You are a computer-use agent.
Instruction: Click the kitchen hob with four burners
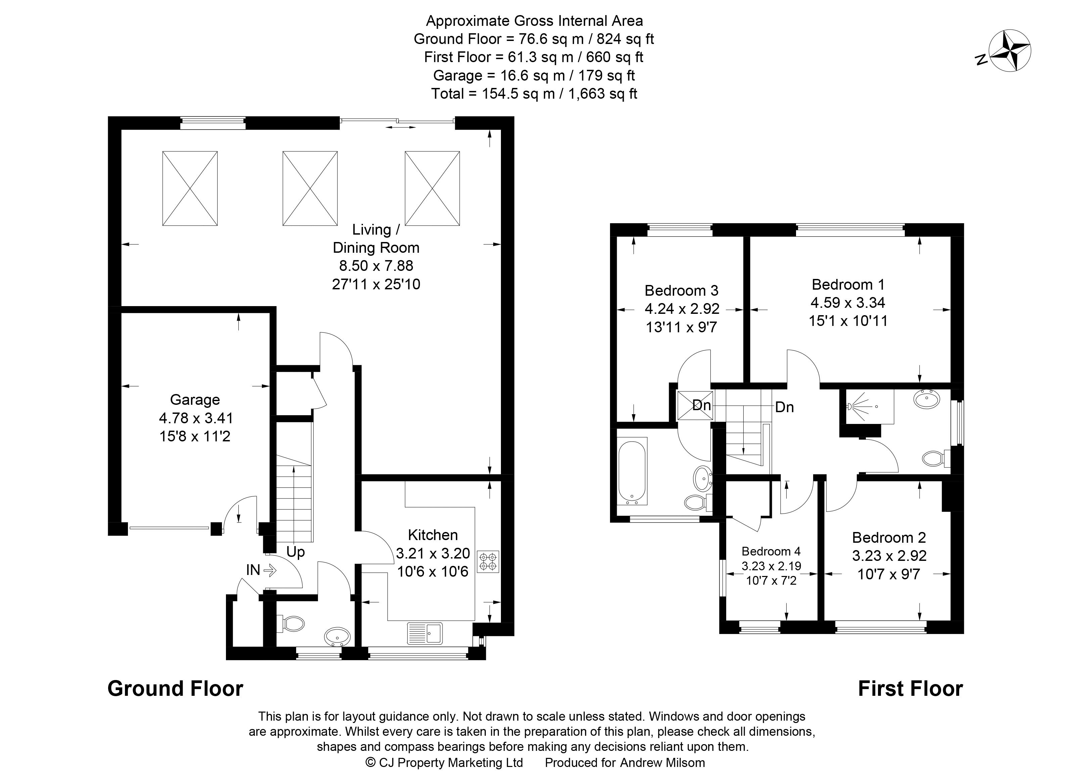coord(488,561)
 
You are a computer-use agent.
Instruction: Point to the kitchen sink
coord(425,633)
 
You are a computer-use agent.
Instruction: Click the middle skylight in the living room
coord(310,188)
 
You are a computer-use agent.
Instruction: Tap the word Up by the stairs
coord(295,552)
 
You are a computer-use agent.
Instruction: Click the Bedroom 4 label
coord(771,551)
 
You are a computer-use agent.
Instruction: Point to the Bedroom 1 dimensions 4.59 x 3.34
coord(848,302)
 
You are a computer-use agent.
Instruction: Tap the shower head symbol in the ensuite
coord(850,406)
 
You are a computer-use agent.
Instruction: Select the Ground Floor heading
coord(175,688)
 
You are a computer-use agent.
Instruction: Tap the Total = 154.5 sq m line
coord(534,93)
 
